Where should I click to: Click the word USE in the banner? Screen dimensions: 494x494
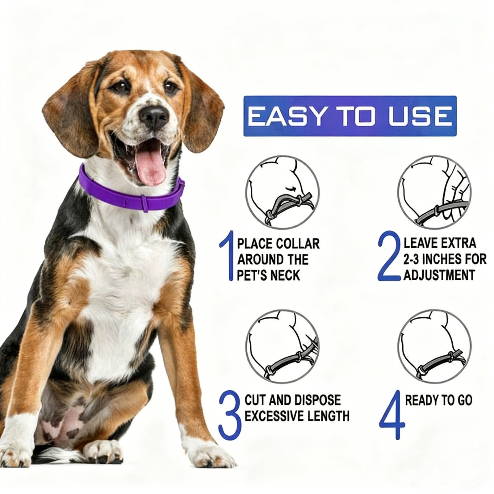419,117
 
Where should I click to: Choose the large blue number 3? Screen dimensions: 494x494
229,414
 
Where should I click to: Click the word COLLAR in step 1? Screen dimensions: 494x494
298,244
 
